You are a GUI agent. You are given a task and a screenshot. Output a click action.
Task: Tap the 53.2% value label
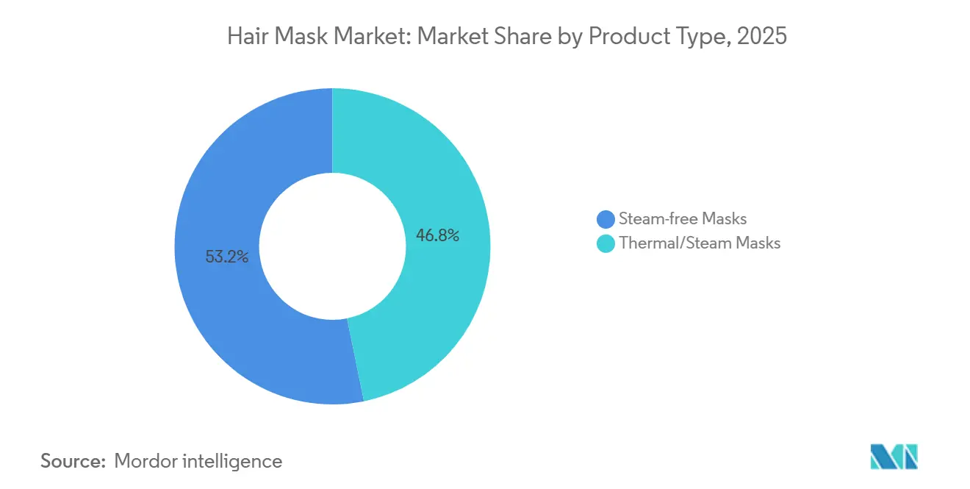(x=227, y=257)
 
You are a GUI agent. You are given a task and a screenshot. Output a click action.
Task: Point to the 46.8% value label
(x=438, y=235)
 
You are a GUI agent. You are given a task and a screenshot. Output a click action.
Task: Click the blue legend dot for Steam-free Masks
(x=606, y=218)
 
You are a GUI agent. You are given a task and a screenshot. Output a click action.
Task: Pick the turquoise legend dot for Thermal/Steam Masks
(x=606, y=243)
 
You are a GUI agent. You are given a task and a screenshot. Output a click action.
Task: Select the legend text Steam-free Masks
(x=683, y=218)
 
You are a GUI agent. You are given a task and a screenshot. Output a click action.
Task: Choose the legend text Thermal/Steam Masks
(x=700, y=243)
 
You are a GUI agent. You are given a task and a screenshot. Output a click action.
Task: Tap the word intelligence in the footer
(x=236, y=461)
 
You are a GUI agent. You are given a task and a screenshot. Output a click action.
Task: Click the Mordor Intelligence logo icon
(x=894, y=457)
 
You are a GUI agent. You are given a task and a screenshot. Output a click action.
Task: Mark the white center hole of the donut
(x=332, y=246)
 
